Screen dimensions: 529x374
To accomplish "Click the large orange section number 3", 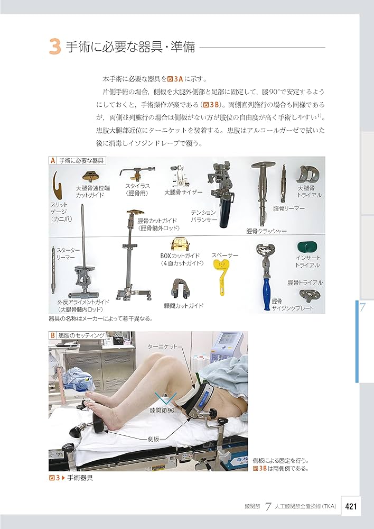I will tap(55, 47).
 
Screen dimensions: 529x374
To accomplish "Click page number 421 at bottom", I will tap(352, 506).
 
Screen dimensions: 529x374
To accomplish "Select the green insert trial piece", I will tap(306, 247).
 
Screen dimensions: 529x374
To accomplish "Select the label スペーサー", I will tap(225, 256).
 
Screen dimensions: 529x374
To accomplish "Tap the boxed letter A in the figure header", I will tap(52, 160).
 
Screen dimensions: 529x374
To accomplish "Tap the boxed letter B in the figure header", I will tap(52, 335).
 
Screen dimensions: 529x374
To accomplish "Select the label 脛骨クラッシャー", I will tap(266, 231).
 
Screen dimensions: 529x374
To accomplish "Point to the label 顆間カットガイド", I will tap(183, 306).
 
